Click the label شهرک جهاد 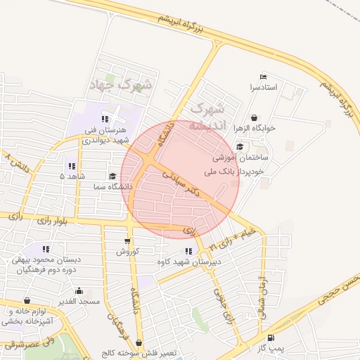pyautogui.click(x=121, y=85)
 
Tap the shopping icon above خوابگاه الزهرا pyautogui.click(x=254, y=117)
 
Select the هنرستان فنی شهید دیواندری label pyautogui.click(x=105, y=135)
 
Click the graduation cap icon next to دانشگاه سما pyautogui.click(x=112, y=176)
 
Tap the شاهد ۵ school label pyautogui.click(x=72, y=176)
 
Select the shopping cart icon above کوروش pyautogui.click(x=127, y=241)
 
